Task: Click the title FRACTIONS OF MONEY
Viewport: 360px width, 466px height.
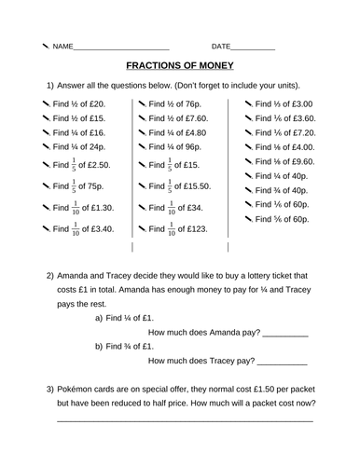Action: tap(180, 66)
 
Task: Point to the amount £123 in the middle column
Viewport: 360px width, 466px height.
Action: tap(194, 228)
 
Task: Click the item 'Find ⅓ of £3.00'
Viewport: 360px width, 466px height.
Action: tap(283, 104)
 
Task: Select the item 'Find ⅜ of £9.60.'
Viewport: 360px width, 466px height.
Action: tap(283, 161)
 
